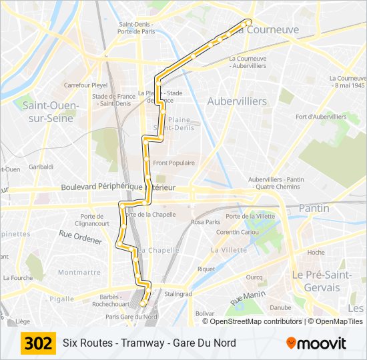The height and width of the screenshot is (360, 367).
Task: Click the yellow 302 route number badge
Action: [x=38, y=343]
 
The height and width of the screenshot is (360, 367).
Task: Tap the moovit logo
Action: [x=316, y=343]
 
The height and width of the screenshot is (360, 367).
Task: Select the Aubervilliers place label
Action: [x=237, y=101]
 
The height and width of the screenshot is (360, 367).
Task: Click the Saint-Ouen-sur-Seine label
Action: [x=51, y=111]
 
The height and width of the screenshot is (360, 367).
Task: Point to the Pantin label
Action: [x=314, y=208]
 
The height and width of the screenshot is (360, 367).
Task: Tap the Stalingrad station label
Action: [x=178, y=293]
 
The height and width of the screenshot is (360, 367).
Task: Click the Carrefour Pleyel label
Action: [x=85, y=85]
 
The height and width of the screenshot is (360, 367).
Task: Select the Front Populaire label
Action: [x=173, y=163]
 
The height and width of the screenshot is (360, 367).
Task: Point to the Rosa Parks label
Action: [x=206, y=222]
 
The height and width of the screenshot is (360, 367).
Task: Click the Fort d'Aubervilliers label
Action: [x=321, y=117]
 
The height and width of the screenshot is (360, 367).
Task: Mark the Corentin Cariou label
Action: [x=238, y=232]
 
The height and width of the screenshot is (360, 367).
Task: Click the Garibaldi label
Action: [x=41, y=166]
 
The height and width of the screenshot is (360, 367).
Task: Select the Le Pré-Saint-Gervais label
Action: [x=316, y=281]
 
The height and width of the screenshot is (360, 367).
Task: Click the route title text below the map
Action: [x=149, y=343]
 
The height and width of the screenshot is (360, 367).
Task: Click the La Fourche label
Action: [x=17, y=277]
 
